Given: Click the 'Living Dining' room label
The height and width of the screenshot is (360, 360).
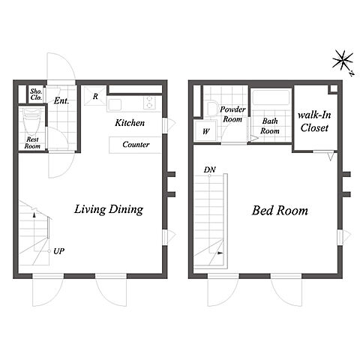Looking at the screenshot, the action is pos(109,209).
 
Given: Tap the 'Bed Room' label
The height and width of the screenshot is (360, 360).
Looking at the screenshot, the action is pos(280,211).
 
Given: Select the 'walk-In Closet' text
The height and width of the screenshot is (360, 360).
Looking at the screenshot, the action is pos(314,121).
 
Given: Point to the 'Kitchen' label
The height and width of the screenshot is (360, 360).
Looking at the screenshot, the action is pos(130,122).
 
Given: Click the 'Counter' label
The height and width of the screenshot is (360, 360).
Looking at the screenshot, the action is pos(136,144).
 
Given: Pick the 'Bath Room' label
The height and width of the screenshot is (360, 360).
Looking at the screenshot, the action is pos(270,126).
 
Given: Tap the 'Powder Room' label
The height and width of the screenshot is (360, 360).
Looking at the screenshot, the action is pos(232,114).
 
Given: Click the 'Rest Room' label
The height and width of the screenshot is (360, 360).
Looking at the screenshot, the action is pos(32,142).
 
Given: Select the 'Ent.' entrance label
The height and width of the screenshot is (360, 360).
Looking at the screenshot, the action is pos(61,100).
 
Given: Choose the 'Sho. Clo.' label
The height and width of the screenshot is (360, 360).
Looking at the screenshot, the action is pos(36,94).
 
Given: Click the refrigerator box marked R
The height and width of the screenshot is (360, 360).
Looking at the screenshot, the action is pos(95,96).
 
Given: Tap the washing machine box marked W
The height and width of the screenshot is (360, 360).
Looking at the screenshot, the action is pos(205,131).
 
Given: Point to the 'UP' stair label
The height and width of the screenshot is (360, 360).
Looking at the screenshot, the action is pos(58,251).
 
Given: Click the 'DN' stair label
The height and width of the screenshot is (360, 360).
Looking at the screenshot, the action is pos(209,169).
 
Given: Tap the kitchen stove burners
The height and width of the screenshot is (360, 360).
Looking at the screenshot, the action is pos(149,103).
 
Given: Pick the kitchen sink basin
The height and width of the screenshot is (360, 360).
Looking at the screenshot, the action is pos(115,104).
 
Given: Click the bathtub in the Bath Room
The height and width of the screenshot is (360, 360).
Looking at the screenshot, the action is pos(271,97).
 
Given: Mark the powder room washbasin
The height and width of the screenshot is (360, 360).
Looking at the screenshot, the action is pos(212,109).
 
